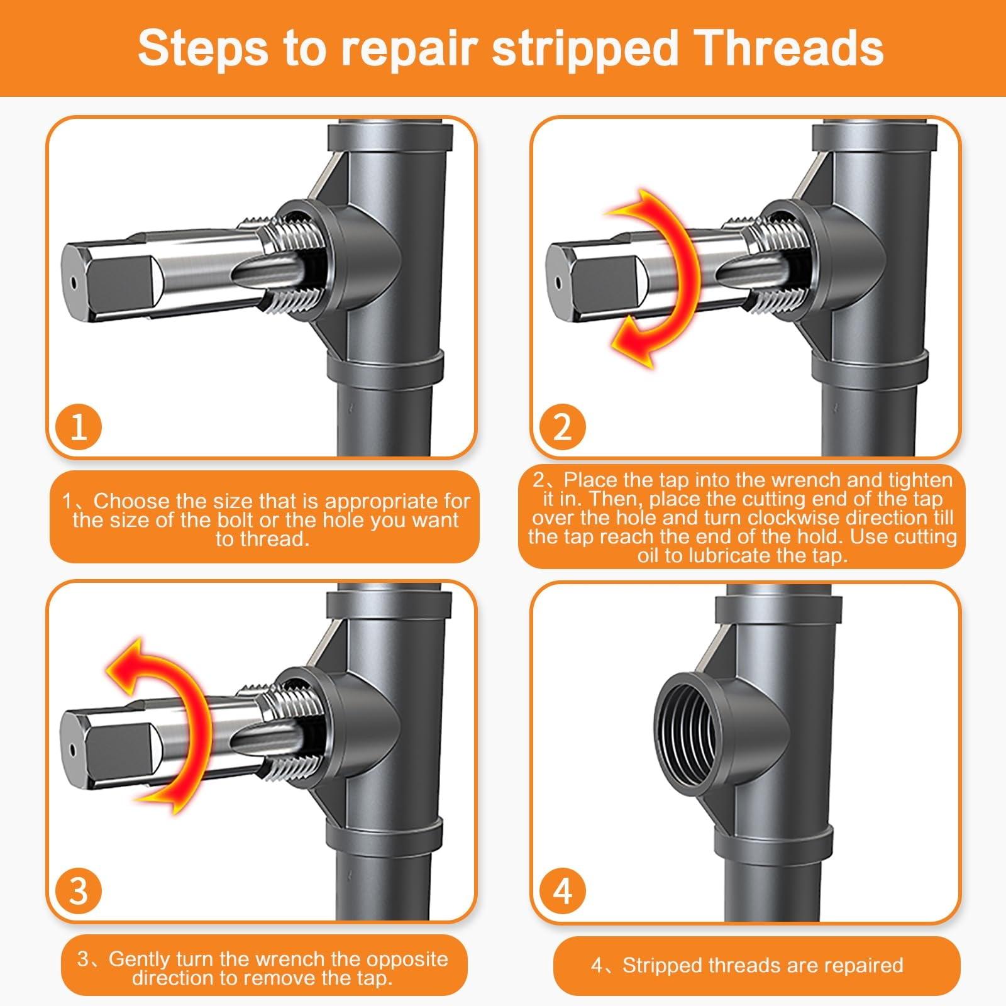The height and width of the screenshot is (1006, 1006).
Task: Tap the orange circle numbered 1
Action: click(x=78, y=427)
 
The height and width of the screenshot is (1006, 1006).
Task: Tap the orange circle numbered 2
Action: click(x=561, y=427)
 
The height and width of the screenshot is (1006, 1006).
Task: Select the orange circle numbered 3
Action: click(x=78, y=891)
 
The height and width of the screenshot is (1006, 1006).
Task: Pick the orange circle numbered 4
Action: click(x=561, y=891)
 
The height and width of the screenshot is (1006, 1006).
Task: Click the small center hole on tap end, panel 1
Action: click(x=74, y=282)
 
